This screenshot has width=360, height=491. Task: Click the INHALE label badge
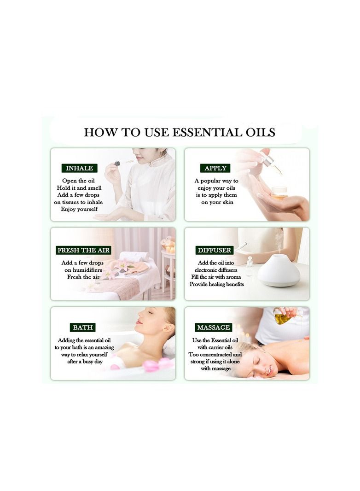pyautogui.click(x=79, y=168)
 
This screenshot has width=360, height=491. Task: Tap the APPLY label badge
pyautogui.click(x=215, y=168)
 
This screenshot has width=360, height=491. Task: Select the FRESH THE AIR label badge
pyautogui.click(x=83, y=250)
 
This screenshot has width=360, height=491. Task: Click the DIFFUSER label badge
pyautogui.click(x=215, y=250)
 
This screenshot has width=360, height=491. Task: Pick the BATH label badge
pyautogui.click(x=83, y=327)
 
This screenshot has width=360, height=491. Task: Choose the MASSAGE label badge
pyautogui.click(x=213, y=327)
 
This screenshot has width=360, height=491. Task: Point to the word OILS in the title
pyautogui.click(x=258, y=133)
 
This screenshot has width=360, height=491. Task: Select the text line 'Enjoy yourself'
pyautogui.click(x=79, y=209)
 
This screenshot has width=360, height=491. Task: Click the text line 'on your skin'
pyautogui.click(x=217, y=202)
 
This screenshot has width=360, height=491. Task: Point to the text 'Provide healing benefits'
pyautogui.click(x=216, y=284)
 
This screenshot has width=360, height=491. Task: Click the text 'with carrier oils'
pyautogui.click(x=215, y=347)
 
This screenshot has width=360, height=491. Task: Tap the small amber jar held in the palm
pyautogui.click(x=279, y=193)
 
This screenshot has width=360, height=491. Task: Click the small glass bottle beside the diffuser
pyautogui.click(x=249, y=267)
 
